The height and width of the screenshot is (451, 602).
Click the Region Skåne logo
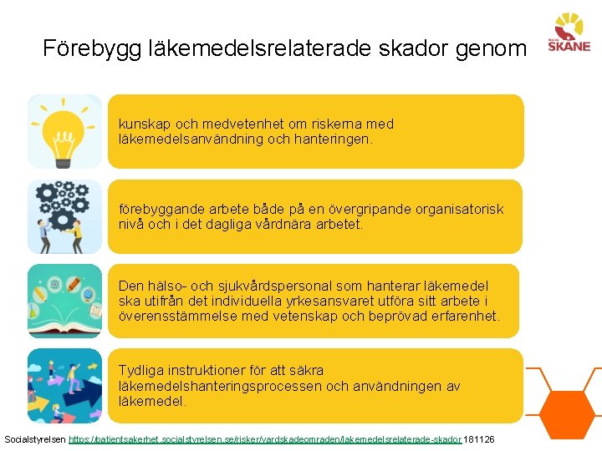[x=569, y=33]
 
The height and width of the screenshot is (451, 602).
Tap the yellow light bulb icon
[x=64, y=131]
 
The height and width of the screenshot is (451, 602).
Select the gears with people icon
[x=64, y=216]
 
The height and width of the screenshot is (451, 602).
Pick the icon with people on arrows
[x=64, y=385]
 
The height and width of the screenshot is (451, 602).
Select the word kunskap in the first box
[x=144, y=124]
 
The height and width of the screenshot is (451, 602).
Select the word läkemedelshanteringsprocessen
[x=221, y=386]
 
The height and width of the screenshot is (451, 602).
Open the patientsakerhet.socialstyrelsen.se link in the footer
[x=264, y=439]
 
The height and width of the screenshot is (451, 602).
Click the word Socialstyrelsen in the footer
[x=35, y=439]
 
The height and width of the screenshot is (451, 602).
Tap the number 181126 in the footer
[x=479, y=439]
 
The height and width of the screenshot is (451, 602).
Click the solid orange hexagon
[x=569, y=408]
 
